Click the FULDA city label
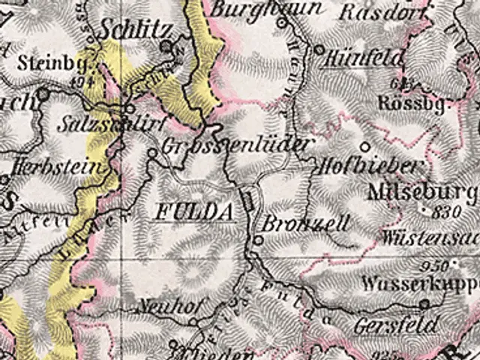click(x=191, y=212)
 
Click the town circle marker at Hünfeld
click(x=318, y=49)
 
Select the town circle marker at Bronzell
click(x=258, y=240)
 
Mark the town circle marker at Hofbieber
click(x=365, y=146)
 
